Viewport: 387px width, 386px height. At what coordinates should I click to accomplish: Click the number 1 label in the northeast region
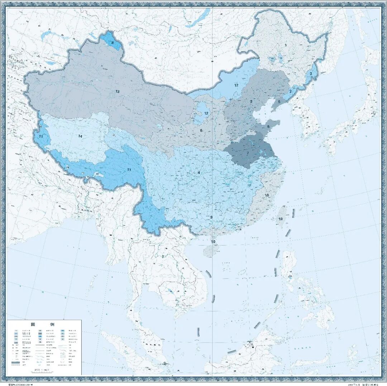pos(286,45)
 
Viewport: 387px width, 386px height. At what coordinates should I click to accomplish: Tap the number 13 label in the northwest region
pos(117,92)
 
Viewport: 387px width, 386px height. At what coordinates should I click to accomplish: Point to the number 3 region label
pos(251,101)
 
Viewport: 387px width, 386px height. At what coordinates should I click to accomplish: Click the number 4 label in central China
pos(199,173)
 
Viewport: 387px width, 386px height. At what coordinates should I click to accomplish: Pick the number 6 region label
pos(201,130)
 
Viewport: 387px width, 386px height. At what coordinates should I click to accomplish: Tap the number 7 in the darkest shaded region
pos(247,153)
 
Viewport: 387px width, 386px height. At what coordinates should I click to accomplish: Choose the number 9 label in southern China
pos(211,217)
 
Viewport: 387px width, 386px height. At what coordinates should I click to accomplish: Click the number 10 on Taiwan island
pos(281,219)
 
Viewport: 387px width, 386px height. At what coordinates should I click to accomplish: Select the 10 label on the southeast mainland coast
pos(267,195)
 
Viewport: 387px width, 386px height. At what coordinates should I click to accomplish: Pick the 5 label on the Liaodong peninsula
pos(279,102)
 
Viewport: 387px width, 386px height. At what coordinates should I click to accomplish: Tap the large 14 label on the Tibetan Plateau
pos(80,136)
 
